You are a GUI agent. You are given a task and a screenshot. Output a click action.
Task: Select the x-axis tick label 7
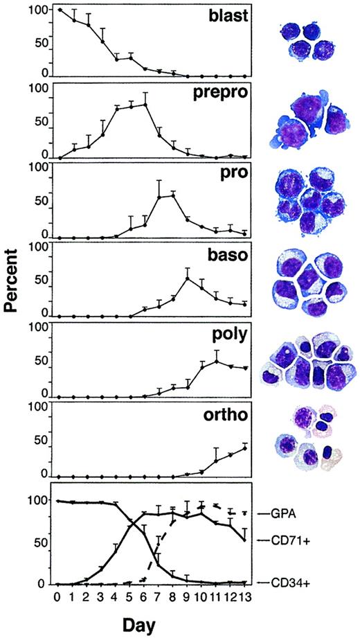click(159, 597)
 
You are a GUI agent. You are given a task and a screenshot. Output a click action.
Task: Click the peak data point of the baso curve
click(187, 278)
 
